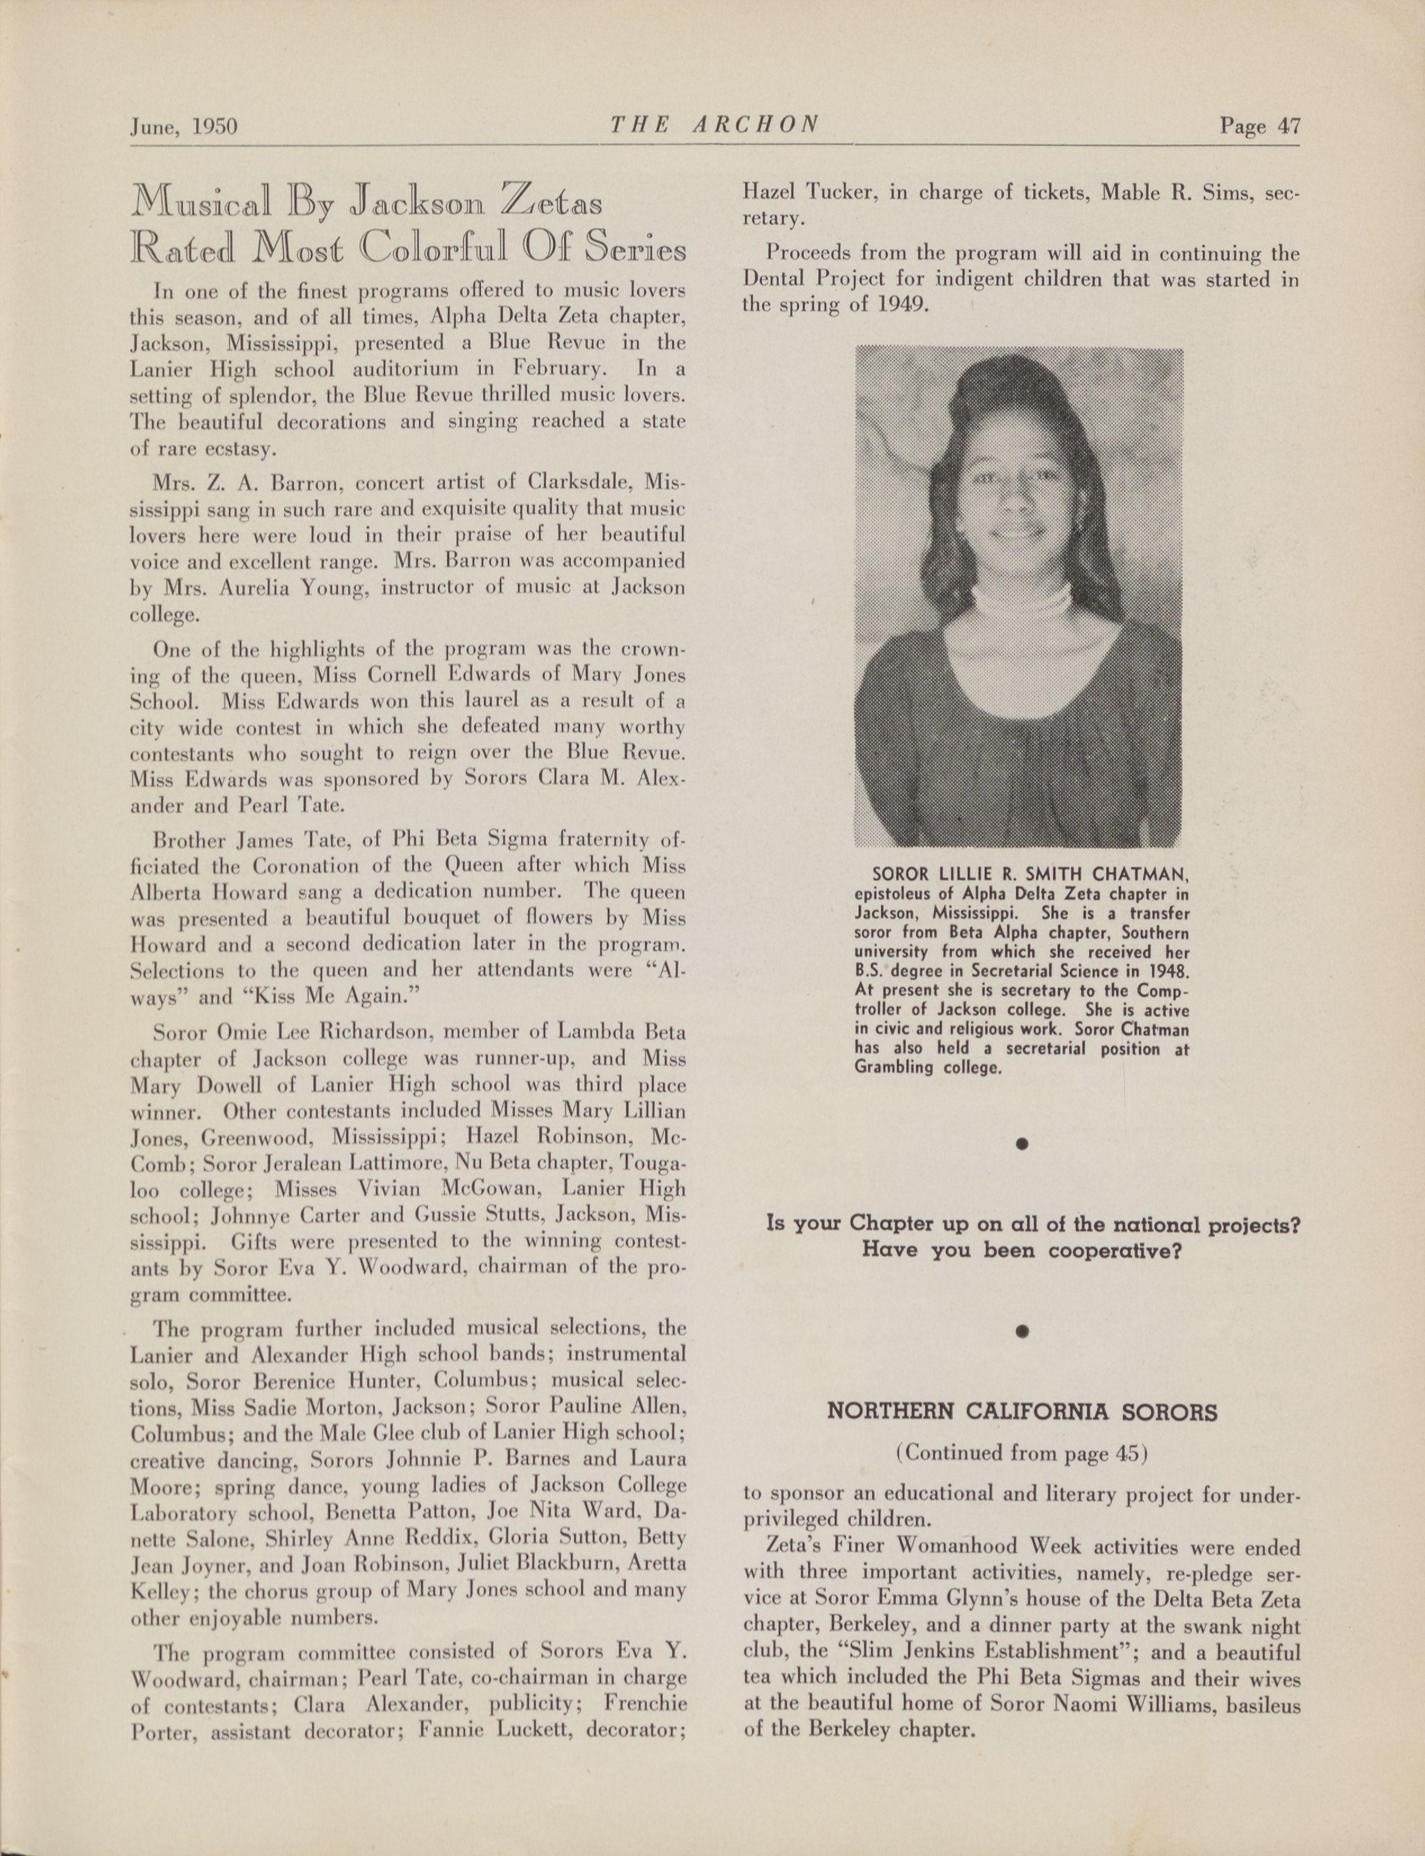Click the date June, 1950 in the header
click(x=183, y=127)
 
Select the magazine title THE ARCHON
click(x=714, y=125)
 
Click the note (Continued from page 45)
click(x=1021, y=1453)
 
